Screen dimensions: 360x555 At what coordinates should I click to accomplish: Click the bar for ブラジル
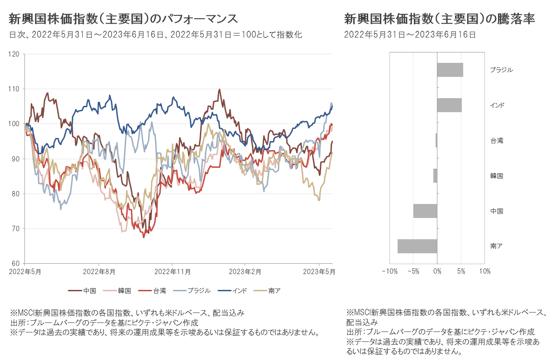point(450,70)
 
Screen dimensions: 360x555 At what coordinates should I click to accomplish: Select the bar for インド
point(449,105)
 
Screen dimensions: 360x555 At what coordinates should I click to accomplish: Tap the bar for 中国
point(425,211)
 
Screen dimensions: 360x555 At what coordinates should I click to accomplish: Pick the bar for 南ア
point(417,246)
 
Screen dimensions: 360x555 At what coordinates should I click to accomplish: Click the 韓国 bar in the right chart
point(435,175)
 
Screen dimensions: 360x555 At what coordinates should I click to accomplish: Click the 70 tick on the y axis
point(16,228)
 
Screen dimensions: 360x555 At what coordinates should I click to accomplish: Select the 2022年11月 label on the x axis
point(172,272)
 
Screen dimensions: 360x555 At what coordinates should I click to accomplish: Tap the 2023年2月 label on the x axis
point(244,272)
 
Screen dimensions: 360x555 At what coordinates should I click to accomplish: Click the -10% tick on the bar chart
point(389,271)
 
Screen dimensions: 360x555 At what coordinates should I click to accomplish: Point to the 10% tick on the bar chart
point(484,271)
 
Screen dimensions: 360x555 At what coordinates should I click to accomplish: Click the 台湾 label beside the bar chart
point(497,141)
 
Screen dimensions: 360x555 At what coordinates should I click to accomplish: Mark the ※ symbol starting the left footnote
point(13,313)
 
